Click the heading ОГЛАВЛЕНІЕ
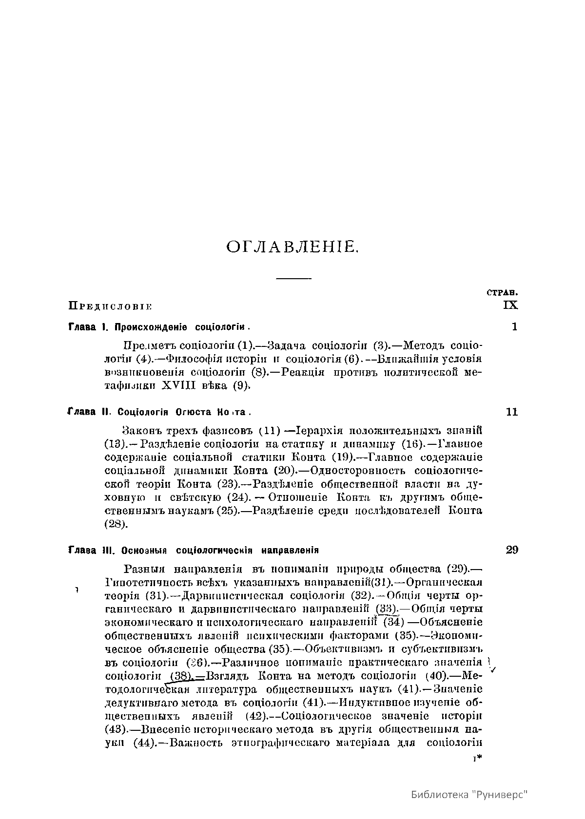(x=292, y=248)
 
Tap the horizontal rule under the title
(x=293, y=279)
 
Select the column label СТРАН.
(x=502, y=293)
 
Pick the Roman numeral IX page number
(x=511, y=305)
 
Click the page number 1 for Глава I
(x=514, y=326)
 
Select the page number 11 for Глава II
(x=512, y=412)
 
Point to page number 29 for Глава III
(x=512, y=550)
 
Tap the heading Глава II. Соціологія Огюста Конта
(x=159, y=412)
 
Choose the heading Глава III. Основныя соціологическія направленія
(x=194, y=551)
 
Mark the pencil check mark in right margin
(x=492, y=669)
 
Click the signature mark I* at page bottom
(x=478, y=759)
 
